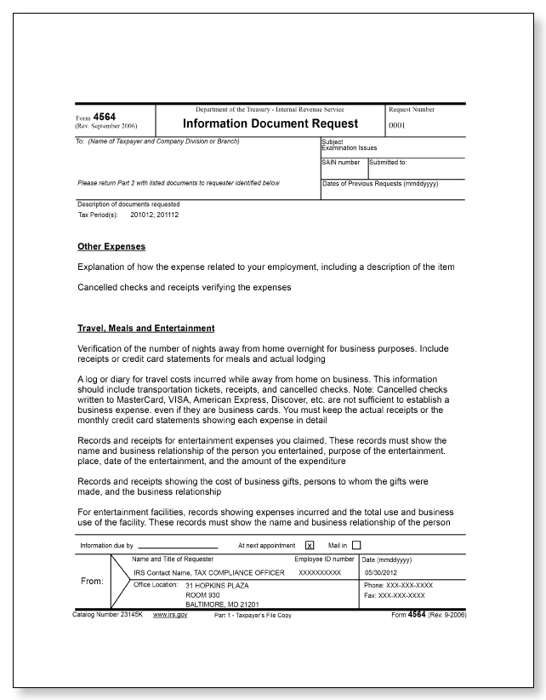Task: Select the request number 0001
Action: [x=398, y=125]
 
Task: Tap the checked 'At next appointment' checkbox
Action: [x=310, y=546]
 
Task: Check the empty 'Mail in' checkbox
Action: [x=356, y=546]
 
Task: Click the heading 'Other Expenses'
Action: [x=111, y=247]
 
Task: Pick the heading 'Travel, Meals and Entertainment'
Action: [x=145, y=328]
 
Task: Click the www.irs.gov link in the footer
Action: [x=170, y=615]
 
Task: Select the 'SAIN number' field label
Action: [x=341, y=162]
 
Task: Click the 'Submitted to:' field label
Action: [x=388, y=162]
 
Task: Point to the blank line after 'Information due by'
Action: [x=178, y=546]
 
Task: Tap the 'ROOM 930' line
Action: [x=203, y=595]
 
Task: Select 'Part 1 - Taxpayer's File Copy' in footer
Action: [x=253, y=615]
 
